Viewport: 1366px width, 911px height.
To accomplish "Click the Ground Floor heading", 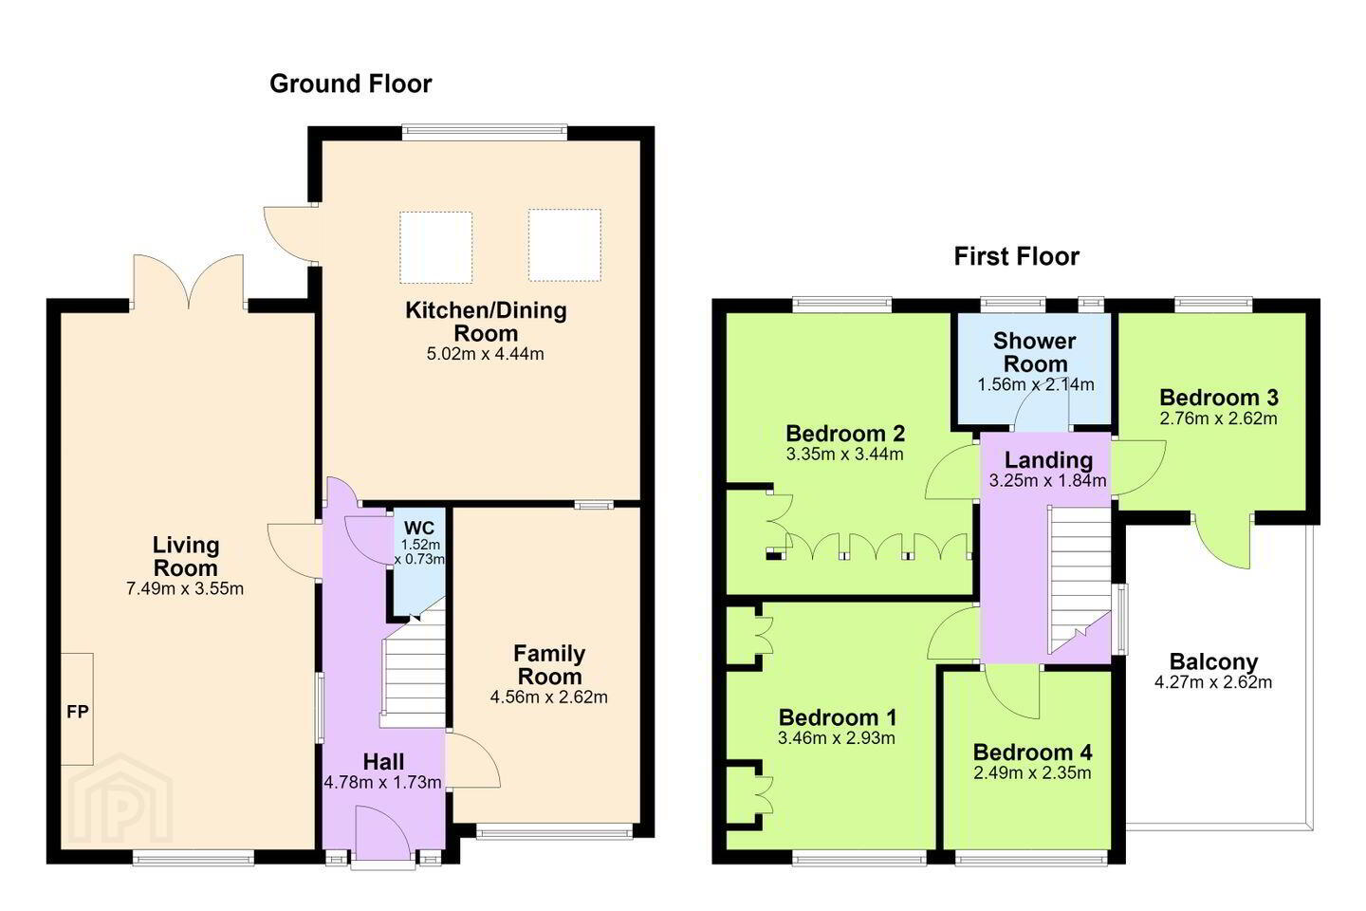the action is coord(351,84).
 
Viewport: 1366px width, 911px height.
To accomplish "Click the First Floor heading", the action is coord(1017,256).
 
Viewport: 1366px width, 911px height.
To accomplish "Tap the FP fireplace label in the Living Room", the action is coord(78,712).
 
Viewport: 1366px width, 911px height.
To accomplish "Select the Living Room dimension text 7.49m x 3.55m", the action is coord(185,588).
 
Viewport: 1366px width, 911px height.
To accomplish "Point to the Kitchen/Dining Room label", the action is coord(486,322).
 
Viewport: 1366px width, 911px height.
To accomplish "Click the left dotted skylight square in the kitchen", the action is coord(436,247).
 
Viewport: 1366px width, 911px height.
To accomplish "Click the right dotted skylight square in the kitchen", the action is coord(564,245).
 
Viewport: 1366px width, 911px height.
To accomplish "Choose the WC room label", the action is coord(419,528).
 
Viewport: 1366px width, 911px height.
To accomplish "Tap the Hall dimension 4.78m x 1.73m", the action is coord(382,782).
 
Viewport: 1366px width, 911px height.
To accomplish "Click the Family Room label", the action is coord(549,665).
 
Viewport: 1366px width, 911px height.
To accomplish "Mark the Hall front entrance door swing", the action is coord(383,832).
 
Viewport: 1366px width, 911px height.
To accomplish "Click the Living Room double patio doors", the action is coord(189,281).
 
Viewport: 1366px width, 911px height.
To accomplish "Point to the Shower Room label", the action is coord(1035,352).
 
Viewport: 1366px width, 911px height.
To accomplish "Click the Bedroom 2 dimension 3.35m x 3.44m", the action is coord(844,454).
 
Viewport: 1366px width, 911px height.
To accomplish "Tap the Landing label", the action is coord(1048,459).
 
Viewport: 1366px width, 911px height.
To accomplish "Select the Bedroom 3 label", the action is coord(1218,398).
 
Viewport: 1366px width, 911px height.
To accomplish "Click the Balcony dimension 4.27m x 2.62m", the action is coord(1213,682).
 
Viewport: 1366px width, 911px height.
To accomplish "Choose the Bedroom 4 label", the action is coord(1032,752).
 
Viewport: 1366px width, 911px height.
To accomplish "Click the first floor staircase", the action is coord(1080,580).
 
